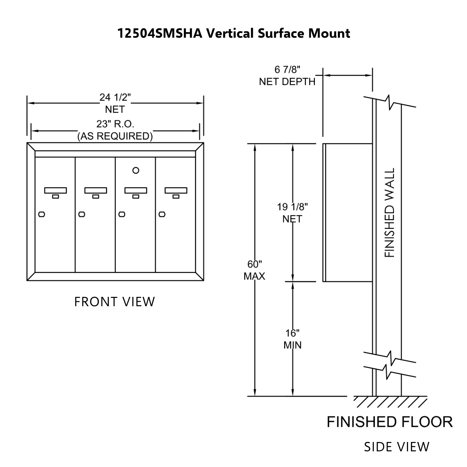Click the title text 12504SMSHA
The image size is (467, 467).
point(160,34)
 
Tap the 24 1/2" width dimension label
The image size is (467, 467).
point(115,97)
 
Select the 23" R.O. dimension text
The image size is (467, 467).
point(115,124)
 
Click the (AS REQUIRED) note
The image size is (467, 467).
point(115,136)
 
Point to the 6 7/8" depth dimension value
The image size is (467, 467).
point(287,70)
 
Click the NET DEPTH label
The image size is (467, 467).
point(287,82)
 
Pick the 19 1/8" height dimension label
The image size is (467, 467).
point(292,207)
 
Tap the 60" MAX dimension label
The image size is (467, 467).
point(255,270)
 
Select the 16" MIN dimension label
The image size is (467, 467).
point(293,339)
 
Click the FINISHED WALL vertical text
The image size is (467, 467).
point(390,212)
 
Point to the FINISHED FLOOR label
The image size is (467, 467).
point(390,422)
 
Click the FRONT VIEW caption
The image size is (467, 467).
point(114,302)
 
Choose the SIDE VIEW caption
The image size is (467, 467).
point(397,447)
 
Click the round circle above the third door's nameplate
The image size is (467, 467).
point(135,170)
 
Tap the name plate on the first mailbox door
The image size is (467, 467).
point(55,190)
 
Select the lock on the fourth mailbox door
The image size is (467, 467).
point(162,214)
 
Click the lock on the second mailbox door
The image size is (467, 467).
point(81,214)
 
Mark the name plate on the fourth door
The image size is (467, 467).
point(176,190)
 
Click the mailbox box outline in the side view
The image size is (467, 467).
point(348,212)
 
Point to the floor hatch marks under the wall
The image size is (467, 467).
point(390,402)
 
